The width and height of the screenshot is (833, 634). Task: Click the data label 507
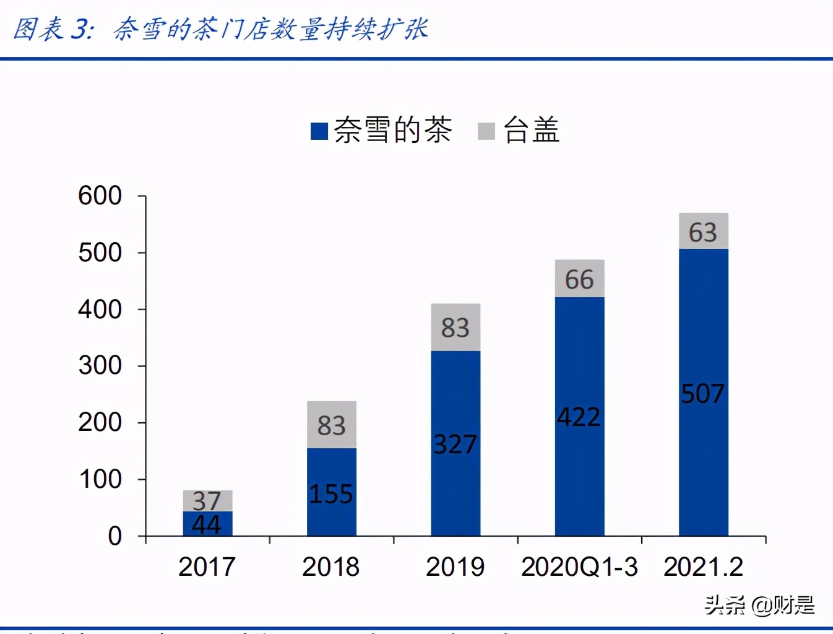(702, 394)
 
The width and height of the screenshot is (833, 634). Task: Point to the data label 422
(579, 417)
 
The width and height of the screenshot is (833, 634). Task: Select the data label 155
(331, 494)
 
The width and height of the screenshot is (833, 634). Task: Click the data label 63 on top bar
(702, 233)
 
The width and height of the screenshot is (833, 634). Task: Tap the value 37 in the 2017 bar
(207, 500)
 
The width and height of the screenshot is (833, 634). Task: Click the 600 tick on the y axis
(100, 196)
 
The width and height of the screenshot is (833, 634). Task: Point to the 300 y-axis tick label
(100, 366)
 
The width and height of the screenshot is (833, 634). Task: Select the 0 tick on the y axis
(114, 536)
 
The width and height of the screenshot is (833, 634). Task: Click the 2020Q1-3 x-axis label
(579, 567)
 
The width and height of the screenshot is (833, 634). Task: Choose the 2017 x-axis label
(207, 567)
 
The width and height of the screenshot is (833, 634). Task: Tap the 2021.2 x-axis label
(703, 567)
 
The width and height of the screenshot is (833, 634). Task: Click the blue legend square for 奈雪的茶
(319, 131)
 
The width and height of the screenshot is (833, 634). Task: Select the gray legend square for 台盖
(486, 131)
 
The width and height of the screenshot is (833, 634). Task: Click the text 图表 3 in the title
(53, 29)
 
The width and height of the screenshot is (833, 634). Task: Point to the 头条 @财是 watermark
(759, 605)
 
